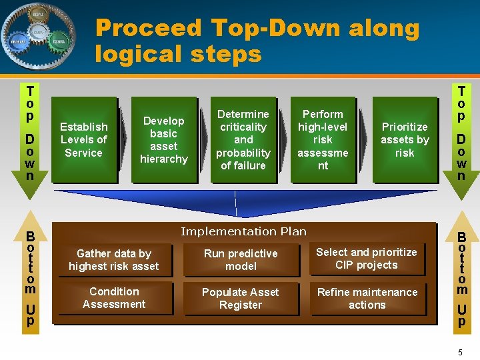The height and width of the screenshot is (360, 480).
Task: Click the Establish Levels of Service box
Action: (83, 140)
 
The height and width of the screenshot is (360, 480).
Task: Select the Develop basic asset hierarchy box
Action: (164, 140)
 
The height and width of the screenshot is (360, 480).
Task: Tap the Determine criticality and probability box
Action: (243, 140)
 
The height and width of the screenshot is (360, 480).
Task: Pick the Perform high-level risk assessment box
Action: (323, 140)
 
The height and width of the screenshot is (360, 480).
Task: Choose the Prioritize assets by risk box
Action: (405, 140)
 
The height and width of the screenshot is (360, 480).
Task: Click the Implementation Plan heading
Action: (243, 231)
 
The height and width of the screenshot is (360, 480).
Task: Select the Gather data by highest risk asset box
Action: (114, 260)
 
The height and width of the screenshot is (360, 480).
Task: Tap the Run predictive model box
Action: (241, 260)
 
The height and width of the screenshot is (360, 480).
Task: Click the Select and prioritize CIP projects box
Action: (366, 259)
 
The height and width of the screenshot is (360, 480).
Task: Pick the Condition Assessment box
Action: (114, 298)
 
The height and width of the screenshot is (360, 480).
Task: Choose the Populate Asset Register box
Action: (241, 299)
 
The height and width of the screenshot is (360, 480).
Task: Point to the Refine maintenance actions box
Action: (367, 299)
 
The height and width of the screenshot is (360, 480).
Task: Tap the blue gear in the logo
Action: (17, 41)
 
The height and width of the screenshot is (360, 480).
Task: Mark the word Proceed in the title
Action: (148, 28)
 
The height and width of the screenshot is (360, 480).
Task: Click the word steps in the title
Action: (228, 53)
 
